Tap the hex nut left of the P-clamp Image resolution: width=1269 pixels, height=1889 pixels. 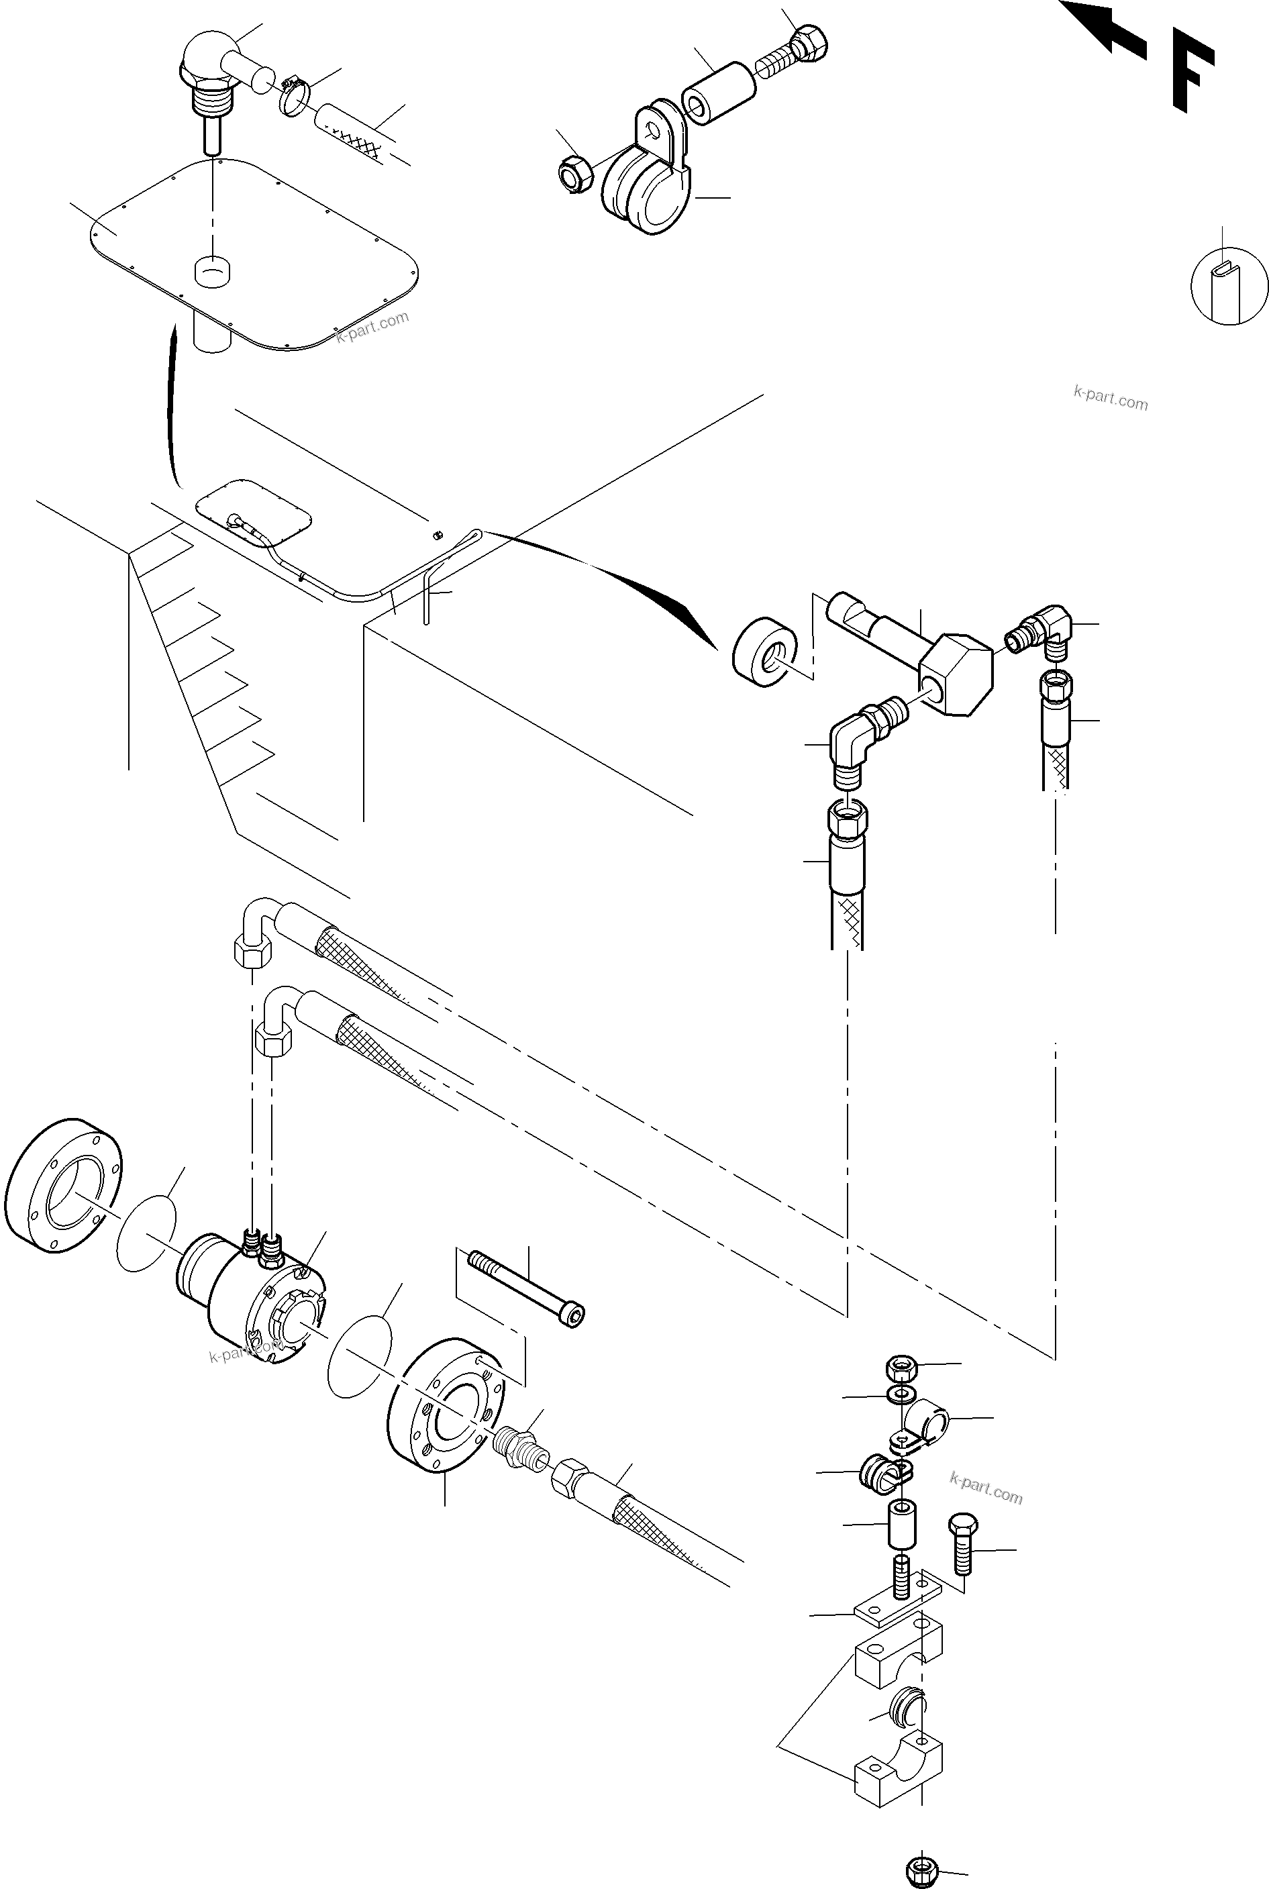point(574,172)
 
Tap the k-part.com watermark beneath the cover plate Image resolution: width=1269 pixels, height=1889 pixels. point(372,327)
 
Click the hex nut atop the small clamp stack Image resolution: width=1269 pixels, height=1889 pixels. point(901,1368)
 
